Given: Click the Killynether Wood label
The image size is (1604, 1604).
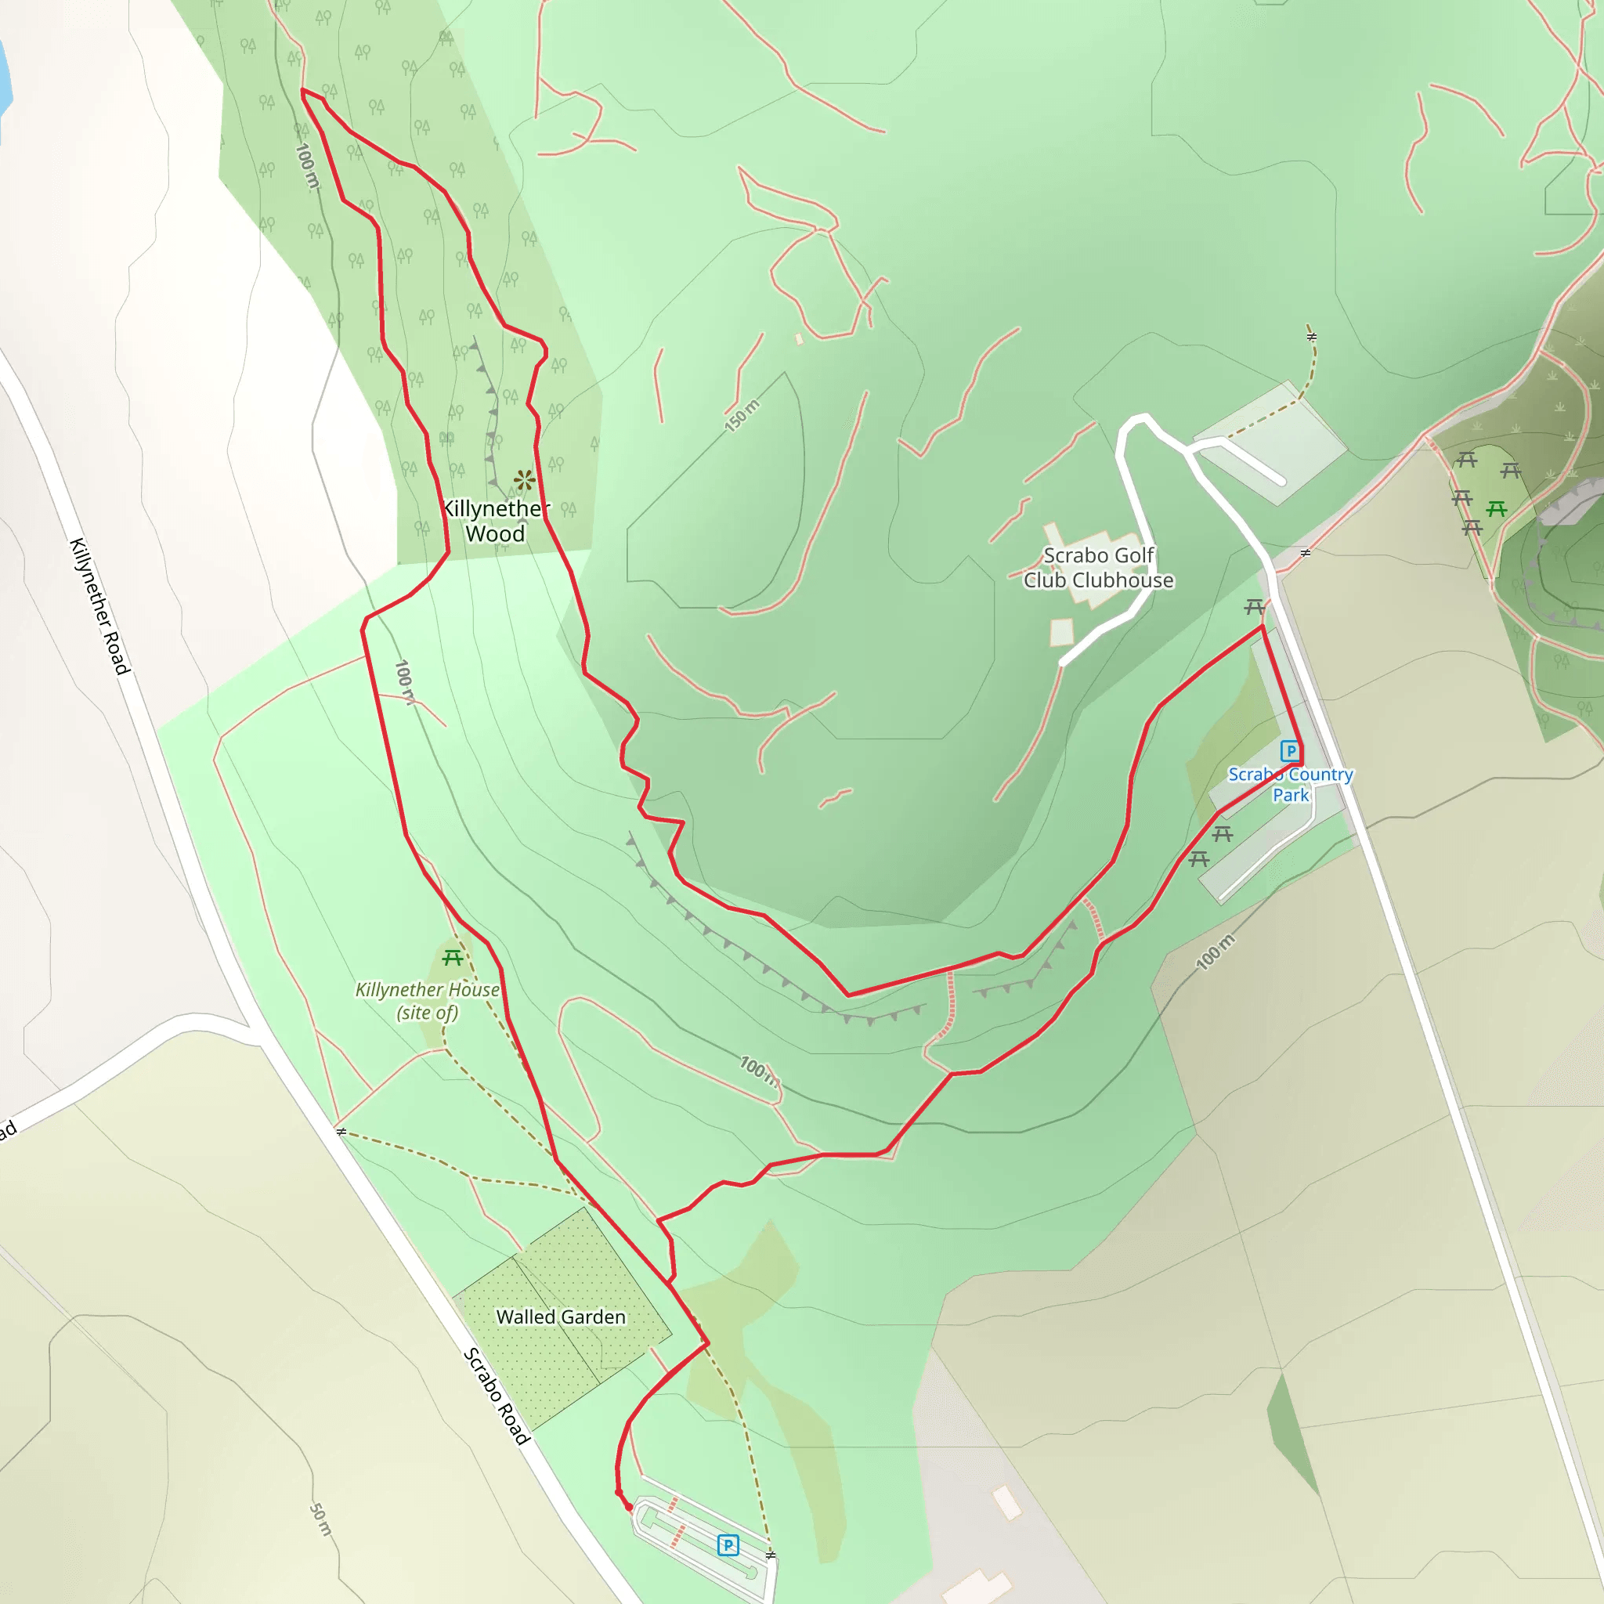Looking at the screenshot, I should (496, 522).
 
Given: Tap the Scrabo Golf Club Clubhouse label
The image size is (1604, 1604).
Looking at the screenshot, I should (1097, 568).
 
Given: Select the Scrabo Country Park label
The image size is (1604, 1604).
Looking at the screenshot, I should (1290, 785).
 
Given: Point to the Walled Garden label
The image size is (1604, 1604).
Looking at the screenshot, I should (561, 1317).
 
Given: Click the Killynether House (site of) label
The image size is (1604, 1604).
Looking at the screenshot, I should (427, 1000).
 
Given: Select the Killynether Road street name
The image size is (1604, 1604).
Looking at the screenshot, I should (99, 605).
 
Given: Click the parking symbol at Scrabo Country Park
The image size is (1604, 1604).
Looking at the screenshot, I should (1290, 751).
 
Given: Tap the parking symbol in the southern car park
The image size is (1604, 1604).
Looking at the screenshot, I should (728, 1545).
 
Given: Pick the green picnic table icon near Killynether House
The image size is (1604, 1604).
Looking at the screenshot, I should (453, 958).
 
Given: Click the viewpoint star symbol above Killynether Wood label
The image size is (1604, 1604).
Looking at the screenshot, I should (524, 479).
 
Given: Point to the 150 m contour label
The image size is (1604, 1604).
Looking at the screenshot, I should (742, 415).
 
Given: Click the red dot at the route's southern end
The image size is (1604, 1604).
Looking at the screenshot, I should (628, 1508).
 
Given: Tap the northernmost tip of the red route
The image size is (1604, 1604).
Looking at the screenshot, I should (302, 89).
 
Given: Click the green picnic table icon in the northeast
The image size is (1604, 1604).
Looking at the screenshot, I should (1497, 508).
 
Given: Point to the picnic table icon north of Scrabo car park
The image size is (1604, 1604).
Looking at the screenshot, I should (1255, 607).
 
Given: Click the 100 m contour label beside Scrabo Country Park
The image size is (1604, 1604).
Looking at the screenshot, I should (1216, 952).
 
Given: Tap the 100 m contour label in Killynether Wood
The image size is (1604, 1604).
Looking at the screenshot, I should (306, 166).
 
